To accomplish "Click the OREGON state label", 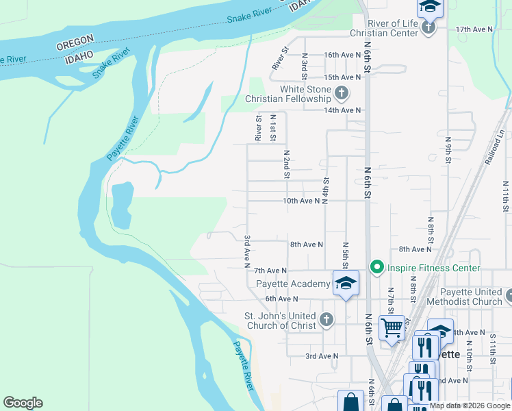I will [75, 45].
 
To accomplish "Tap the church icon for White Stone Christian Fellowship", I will [342, 92].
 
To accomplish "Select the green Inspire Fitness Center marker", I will [376, 268].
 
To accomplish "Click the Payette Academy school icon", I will [346, 283].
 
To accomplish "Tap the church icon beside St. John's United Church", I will [327, 319].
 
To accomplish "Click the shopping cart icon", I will [392, 327].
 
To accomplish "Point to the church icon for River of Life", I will [428, 27].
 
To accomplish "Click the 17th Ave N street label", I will [474, 29].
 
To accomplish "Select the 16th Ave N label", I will [342, 55].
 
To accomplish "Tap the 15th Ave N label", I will [342, 77].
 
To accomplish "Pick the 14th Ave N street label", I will [342, 110].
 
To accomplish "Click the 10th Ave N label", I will [300, 201].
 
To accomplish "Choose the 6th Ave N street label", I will [281, 299].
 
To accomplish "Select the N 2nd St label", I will [287, 164].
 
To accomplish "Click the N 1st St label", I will [272, 127].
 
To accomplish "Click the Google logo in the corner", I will [23, 403].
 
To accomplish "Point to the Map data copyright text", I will [470, 406].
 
